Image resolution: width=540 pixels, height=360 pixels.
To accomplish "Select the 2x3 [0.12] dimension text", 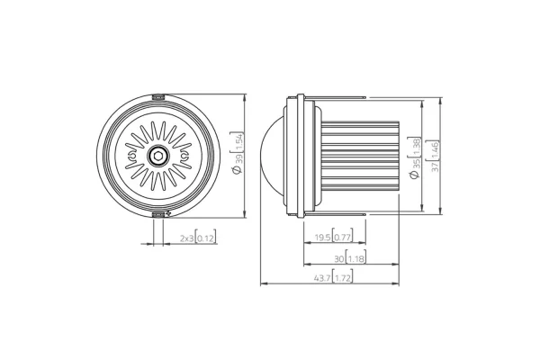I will click(197, 238).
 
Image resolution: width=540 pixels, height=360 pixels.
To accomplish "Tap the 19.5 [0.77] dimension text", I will click(333, 238).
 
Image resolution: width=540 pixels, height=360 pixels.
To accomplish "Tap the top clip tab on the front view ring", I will click(158, 95).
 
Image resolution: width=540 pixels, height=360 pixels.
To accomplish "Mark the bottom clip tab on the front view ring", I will click(158, 214).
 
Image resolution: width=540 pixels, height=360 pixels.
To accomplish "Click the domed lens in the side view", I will click(274, 155).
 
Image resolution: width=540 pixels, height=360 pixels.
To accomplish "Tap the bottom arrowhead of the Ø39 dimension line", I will click(245, 216).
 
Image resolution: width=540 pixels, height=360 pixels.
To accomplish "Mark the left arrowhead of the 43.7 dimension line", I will click(262, 283).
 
